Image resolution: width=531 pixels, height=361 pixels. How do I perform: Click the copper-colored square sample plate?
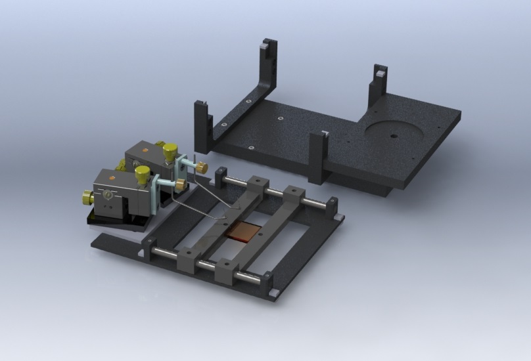(242, 233)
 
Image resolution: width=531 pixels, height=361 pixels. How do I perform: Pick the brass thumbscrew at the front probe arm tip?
(179, 186)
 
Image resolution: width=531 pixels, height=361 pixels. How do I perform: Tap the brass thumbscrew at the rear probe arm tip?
(202, 168)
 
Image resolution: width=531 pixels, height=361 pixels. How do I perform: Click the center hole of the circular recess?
(393, 137)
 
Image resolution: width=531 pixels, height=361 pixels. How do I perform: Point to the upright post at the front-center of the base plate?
(317, 156)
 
